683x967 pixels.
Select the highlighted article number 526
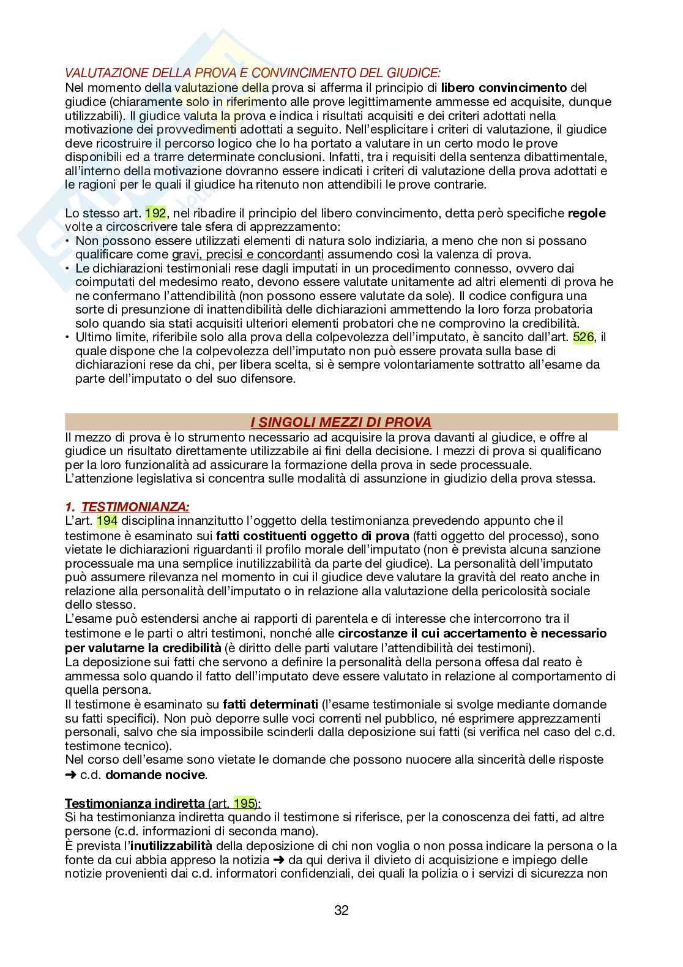click(583, 337)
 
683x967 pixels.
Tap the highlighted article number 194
click(107, 521)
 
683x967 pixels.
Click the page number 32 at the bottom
click(341, 911)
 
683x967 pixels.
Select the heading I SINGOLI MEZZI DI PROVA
click(341, 422)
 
